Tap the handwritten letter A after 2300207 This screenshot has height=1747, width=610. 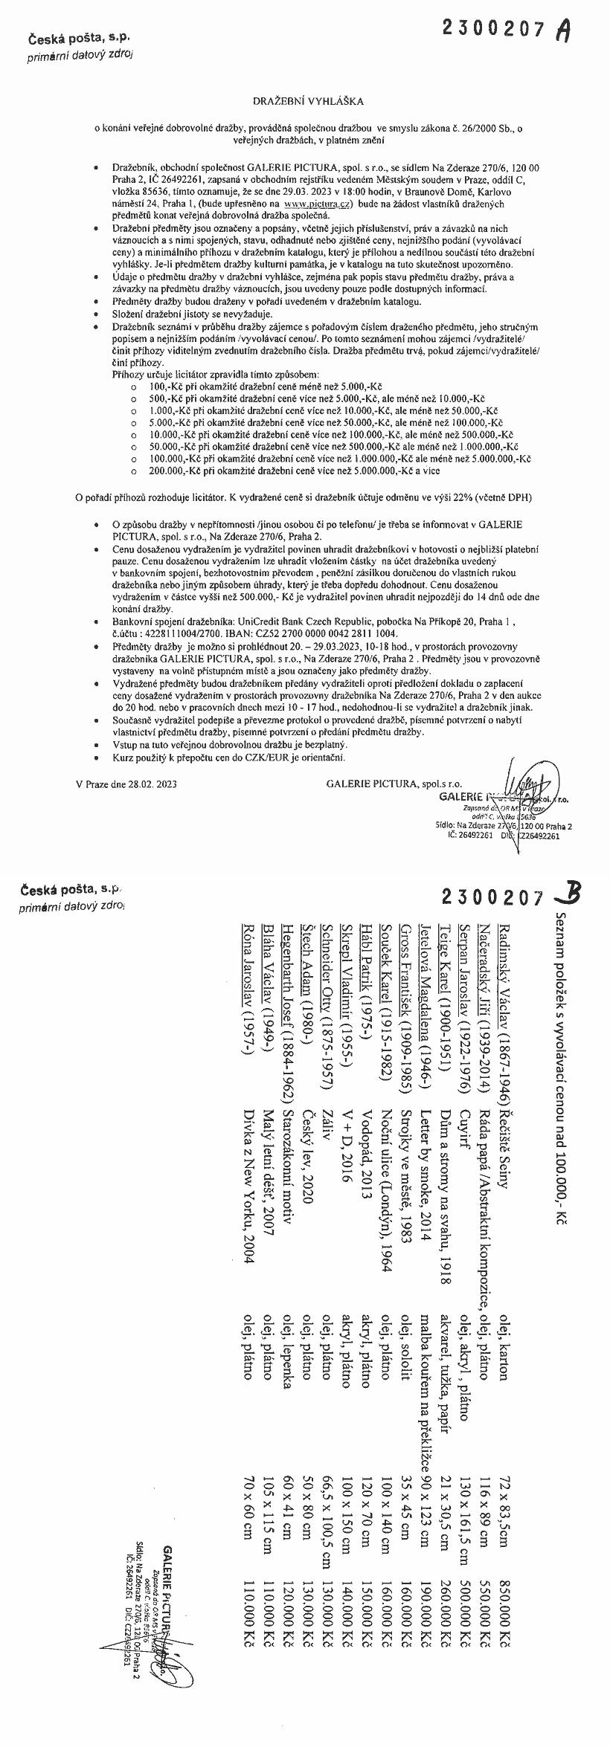tap(565, 30)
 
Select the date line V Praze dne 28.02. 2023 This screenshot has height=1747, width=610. tap(126, 784)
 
